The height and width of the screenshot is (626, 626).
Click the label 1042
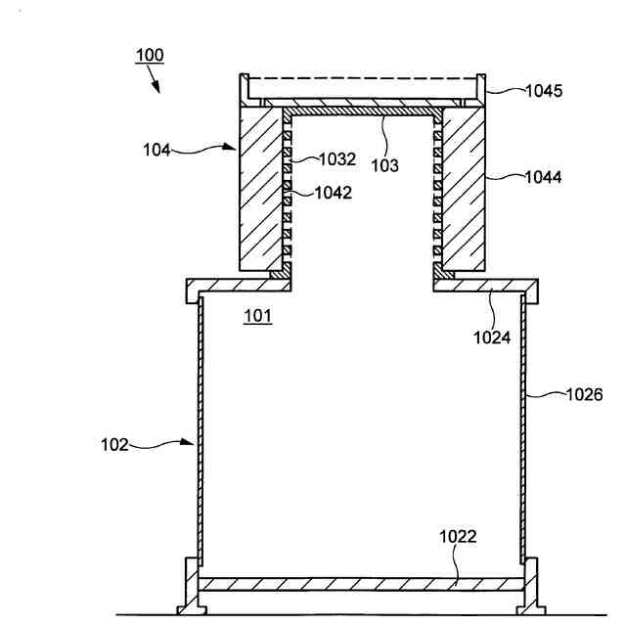[x=335, y=193]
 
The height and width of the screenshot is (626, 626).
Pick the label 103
[x=384, y=166]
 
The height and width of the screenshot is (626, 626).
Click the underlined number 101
[x=258, y=315]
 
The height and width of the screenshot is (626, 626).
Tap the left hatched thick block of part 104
[x=260, y=191]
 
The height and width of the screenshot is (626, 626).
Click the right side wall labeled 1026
[x=525, y=430]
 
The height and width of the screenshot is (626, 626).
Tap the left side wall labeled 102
[x=200, y=430]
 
